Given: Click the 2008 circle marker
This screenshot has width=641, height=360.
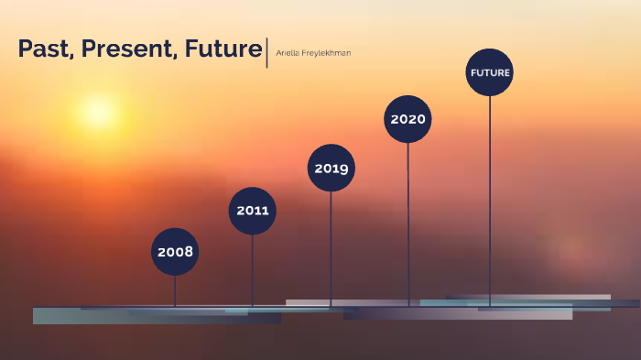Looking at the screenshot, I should click(175, 252).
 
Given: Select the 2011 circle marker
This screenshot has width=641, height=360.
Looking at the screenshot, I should click(253, 211).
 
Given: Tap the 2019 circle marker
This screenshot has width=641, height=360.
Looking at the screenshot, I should click(331, 169).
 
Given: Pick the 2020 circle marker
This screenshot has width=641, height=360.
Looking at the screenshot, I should click(407, 119).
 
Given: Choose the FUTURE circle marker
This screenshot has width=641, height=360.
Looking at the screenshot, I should click(490, 72).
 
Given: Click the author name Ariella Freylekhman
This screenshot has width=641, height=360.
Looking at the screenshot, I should click(313, 53).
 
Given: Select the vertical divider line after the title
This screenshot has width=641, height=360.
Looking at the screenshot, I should click(266, 52).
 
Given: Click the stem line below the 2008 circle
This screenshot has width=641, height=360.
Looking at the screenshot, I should click(175, 290).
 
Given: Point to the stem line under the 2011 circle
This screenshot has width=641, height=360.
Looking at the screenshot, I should click(253, 270).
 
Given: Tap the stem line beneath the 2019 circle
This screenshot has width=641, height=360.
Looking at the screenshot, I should click(331, 247).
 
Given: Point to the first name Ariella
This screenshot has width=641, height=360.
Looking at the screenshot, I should click(289, 53).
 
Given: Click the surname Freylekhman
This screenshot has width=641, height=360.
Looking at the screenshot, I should click(328, 53).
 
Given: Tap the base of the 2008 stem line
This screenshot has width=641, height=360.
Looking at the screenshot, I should click(175, 305).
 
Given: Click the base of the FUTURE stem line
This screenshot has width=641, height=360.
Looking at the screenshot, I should click(490, 305).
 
